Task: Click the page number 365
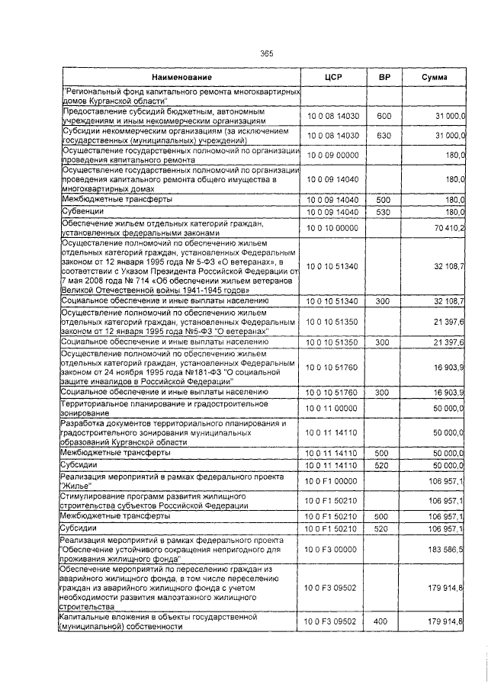click(x=266, y=53)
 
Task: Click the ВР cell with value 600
click(x=384, y=115)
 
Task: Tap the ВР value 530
click(x=384, y=211)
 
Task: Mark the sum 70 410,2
click(x=450, y=228)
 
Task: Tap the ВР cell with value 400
click(x=384, y=622)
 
